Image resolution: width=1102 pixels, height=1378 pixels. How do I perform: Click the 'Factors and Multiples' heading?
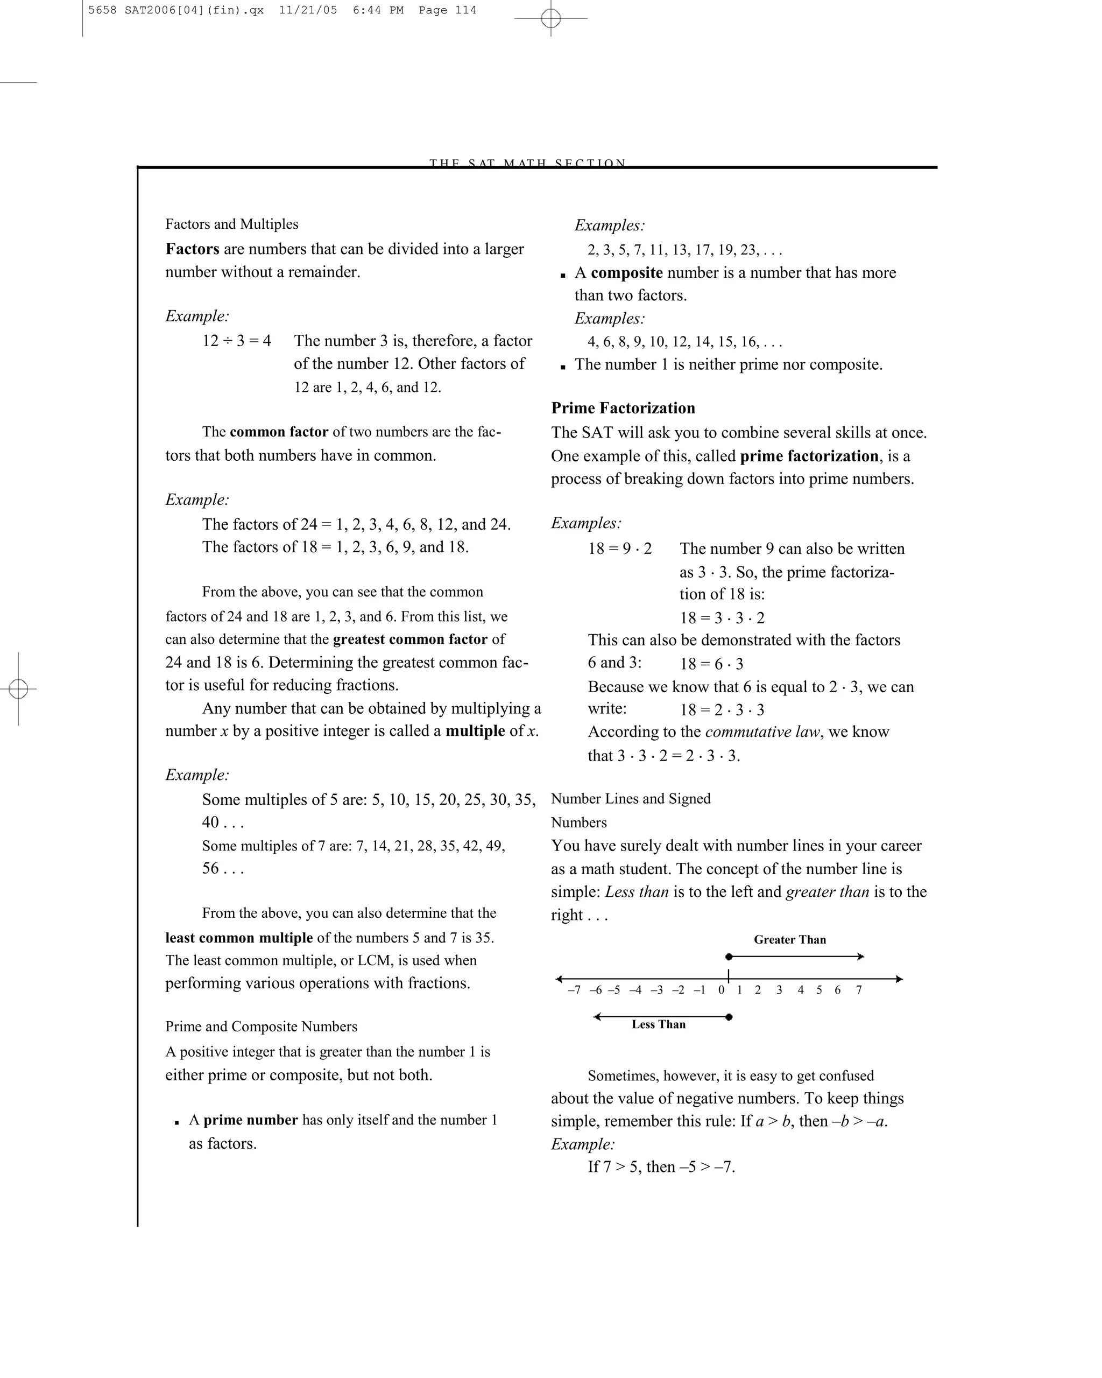(231, 224)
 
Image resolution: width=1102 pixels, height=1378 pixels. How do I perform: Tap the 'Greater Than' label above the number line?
(789, 939)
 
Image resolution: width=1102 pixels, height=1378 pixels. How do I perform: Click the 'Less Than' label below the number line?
(658, 1024)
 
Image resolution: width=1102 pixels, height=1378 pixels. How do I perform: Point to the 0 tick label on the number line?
(720, 990)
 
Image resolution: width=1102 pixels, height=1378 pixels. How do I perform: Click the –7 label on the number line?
(574, 990)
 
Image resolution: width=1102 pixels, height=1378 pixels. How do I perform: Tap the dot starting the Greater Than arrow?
(728, 957)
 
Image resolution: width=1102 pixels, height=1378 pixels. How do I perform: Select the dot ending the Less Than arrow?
(729, 1017)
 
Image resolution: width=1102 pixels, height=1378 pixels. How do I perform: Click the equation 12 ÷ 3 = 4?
(236, 341)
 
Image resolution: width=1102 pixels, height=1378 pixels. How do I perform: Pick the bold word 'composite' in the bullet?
(626, 273)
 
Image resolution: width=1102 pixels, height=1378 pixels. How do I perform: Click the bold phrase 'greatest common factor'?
(409, 639)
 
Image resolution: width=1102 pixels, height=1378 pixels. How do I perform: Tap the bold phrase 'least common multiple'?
(239, 938)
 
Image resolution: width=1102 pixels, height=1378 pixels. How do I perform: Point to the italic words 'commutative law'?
(761, 732)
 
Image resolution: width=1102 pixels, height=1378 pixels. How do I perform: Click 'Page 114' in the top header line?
(447, 10)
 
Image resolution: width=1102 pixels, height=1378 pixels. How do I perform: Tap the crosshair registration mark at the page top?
(550, 18)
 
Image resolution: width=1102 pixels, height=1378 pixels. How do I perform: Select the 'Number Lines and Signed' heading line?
(630, 799)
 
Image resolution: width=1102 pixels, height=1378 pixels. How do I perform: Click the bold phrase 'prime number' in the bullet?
(250, 1120)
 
